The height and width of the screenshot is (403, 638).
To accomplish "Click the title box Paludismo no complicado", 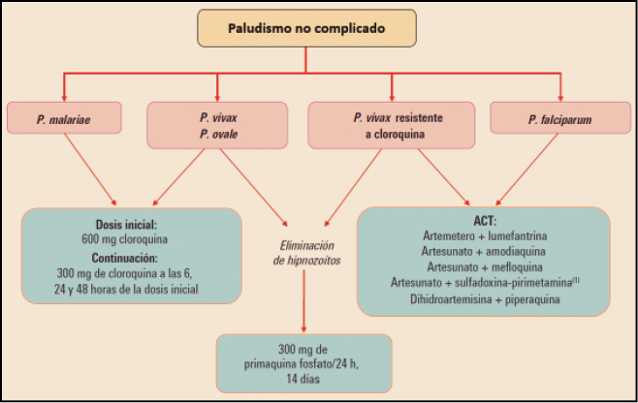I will pos(306,29).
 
